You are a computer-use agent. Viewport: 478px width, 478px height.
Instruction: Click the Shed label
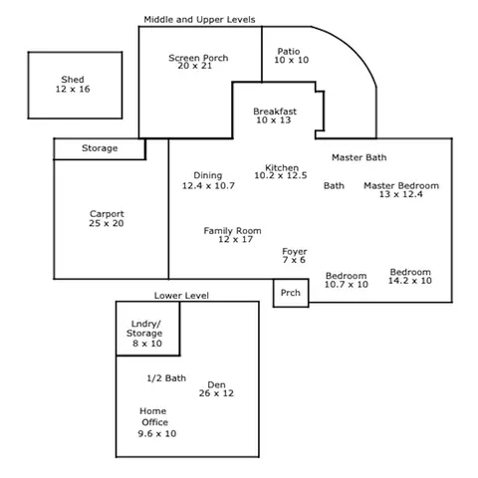(73, 80)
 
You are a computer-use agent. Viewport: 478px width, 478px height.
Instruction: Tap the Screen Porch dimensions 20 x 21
(194, 66)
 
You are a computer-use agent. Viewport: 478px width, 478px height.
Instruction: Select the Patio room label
(289, 52)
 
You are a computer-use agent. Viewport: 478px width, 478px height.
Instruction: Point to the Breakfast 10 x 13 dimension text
(273, 120)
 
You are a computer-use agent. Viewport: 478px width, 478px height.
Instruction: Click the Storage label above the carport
(100, 148)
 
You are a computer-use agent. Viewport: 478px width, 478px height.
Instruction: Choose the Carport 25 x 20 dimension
(107, 223)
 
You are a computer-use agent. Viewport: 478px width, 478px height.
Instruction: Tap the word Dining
(208, 175)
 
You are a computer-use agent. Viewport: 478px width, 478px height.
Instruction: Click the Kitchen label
(282, 167)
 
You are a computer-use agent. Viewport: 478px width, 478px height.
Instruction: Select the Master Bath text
(359, 157)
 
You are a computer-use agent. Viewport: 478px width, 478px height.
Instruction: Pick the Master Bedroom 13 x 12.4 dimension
(401, 194)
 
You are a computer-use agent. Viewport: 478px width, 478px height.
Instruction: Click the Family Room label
(232, 231)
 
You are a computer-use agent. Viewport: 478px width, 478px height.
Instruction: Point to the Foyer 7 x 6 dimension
(294, 260)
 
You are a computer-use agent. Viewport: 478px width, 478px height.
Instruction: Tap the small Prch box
(291, 293)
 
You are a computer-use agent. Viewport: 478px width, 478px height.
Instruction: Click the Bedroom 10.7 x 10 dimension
(347, 285)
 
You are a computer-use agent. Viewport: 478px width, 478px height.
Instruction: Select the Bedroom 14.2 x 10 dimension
(410, 281)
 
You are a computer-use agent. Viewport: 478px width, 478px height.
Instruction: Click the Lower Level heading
(181, 296)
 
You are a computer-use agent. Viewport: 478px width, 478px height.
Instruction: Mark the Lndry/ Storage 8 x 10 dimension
(147, 344)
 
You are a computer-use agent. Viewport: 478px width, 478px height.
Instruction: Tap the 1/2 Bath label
(166, 378)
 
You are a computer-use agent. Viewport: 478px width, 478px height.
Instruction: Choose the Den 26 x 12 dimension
(216, 393)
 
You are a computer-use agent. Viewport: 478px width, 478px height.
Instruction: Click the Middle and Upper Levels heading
(199, 20)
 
